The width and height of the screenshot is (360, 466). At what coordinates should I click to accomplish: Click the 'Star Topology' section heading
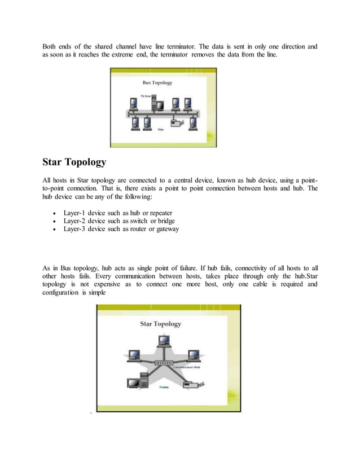point(74,162)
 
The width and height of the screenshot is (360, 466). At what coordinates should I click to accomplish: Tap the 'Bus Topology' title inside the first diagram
point(158,82)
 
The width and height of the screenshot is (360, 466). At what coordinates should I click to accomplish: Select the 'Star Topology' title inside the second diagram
point(161,324)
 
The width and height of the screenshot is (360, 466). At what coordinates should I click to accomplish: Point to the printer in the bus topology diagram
point(178,122)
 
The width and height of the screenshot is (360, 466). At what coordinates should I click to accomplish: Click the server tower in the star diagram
point(144,381)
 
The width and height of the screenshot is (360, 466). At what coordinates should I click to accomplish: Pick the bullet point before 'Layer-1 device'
point(52,214)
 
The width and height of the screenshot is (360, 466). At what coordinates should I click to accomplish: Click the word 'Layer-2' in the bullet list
point(74,221)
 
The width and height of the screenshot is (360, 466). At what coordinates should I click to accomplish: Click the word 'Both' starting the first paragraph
point(51,46)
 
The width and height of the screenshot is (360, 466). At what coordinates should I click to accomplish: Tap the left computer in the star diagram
point(134,355)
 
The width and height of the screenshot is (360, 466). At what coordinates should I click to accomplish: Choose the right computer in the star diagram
point(194,355)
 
